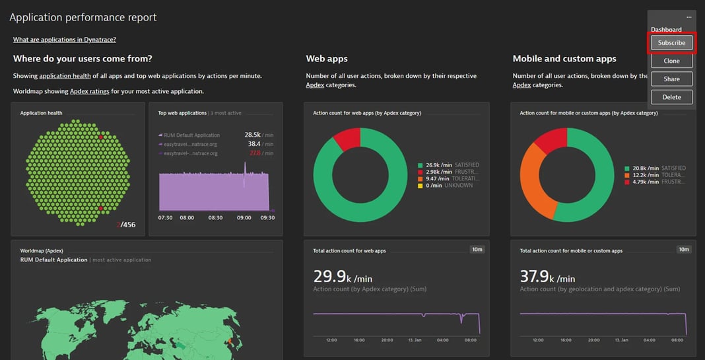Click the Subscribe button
pyautogui.click(x=671, y=43)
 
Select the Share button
pyautogui.click(x=671, y=79)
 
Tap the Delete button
pyautogui.click(x=671, y=97)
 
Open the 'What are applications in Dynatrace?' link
pyautogui.click(x=65, y=40)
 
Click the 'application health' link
pyautogui.click(x=64, y=76)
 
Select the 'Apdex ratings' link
pyautogui.click(x=90, y=91)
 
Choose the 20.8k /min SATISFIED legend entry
pyautogui.click(x=655, y=168)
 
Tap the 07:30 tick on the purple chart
pyautogui.click(x=166, y=217)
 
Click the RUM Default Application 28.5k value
pyautogui.click(x=253, y=135)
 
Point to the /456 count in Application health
pyautogui.click(x=127, y=225)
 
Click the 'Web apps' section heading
pyautogui.click(x=327, y=59)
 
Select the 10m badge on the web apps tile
pyautogui.click(x=477, y=249)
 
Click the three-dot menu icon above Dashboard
pyautogui.click(x=688, y=17)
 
